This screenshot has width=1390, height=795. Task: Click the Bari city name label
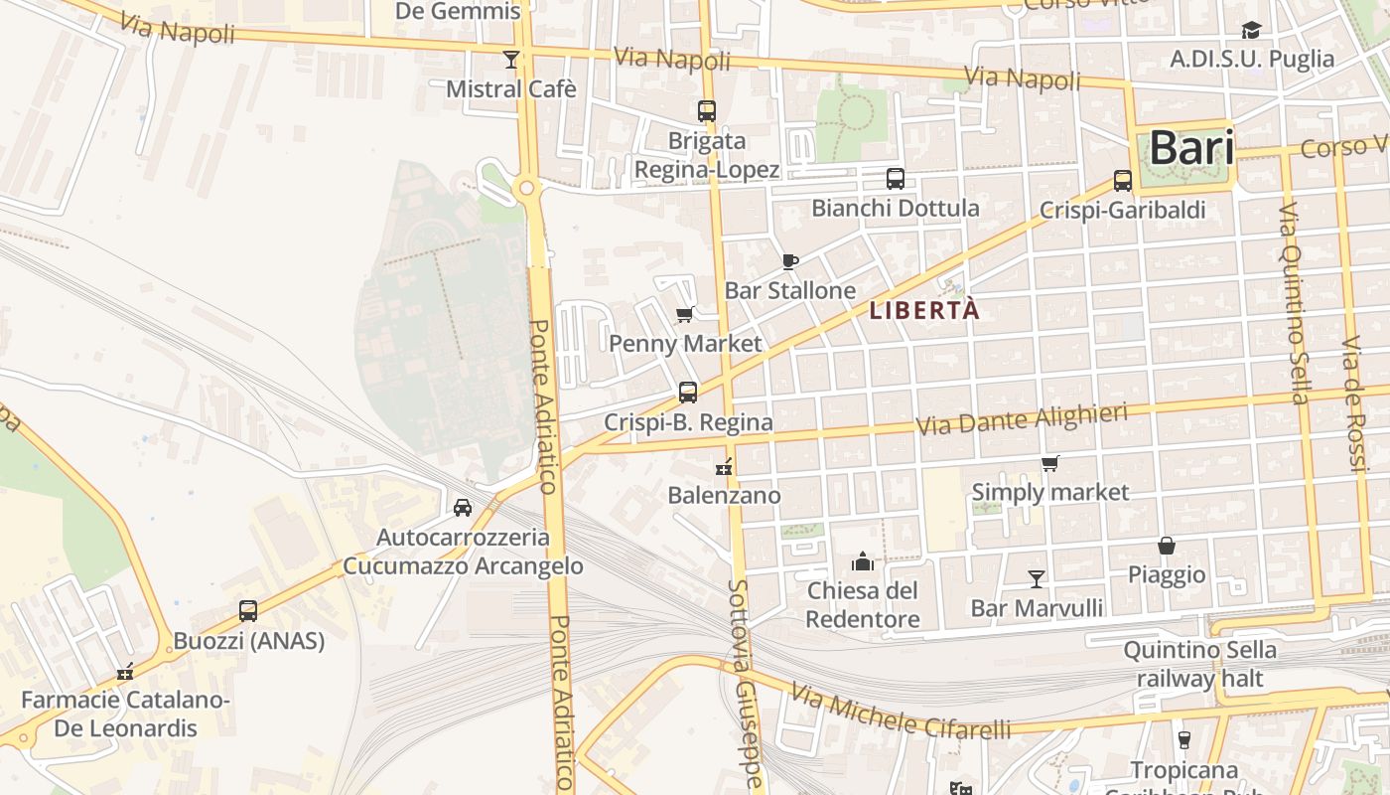[x=1191, y=149]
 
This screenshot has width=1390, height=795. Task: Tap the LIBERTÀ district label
[x=924, y=310]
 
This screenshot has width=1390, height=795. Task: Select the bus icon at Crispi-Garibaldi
[x=1123, y=181]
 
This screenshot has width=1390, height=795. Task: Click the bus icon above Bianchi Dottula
[x=896, y=179]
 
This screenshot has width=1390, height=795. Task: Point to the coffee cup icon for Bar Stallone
[x=790, y=261]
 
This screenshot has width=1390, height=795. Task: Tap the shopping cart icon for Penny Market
[x=684, y=316]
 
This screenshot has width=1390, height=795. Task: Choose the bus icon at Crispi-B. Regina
[x=688, y=393]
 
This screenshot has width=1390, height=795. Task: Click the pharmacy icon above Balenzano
[x=724, y=465]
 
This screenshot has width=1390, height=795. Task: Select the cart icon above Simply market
[x=1049, y=463]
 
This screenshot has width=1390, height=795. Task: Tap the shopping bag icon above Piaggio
[x=1167, y=546]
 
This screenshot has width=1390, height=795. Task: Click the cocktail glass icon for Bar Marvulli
[x=1037, y=578]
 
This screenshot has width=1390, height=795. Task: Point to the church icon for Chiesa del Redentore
[x=862, y=561]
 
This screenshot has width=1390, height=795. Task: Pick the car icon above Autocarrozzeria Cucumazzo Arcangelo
[x=463, y=508]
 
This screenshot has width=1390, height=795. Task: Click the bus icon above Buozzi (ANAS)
[x=248, y=611]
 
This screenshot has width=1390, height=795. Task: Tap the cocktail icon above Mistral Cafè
[x=510, y=60]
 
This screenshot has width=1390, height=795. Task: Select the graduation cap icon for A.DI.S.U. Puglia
[x=1251, y=31]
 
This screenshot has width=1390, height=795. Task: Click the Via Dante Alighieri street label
[x=1022, y=419]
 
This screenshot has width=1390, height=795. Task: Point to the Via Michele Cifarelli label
[x=901, y=715]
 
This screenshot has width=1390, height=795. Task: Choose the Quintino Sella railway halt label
[x=1199, y=664]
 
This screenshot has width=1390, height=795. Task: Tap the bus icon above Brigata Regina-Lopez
[x=707, y=111]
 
